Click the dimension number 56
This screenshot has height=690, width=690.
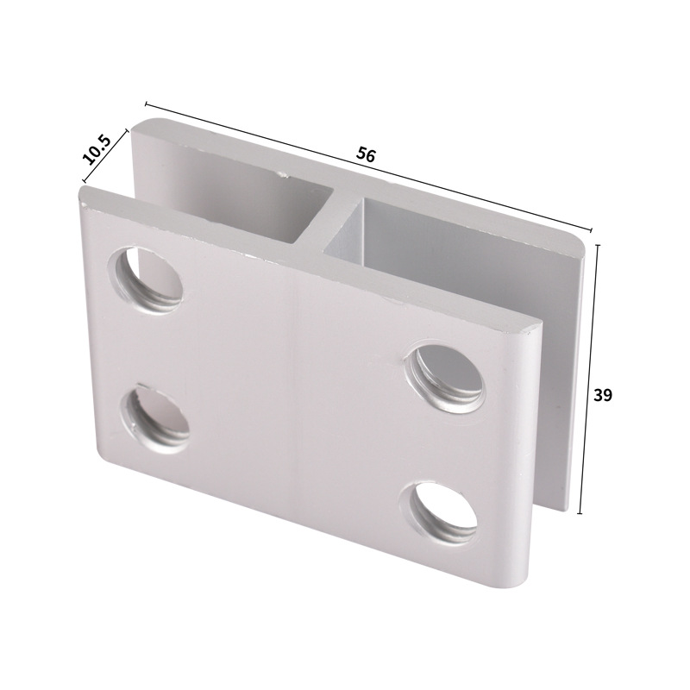pos(366,155)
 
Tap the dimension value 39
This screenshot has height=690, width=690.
pos(603,395)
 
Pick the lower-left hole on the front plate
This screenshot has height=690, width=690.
pos(155,417)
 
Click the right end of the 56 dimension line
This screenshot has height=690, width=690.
pos(592,231)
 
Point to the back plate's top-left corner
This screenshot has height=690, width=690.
pos(136,125)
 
